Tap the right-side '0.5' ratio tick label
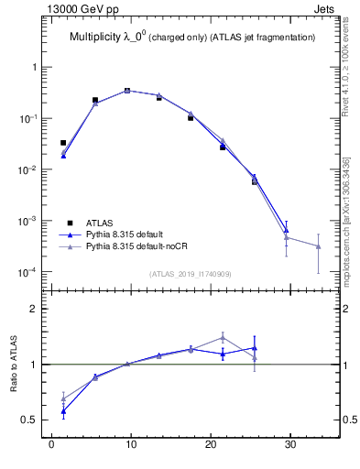343,420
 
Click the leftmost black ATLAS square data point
63,143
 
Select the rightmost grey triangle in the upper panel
318,246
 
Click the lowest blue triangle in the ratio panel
63,411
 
